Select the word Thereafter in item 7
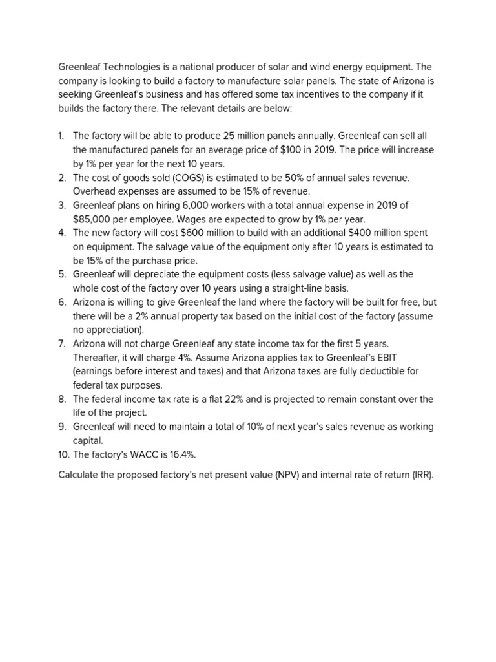(x=97, y=358)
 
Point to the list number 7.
(x=61, y=344)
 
